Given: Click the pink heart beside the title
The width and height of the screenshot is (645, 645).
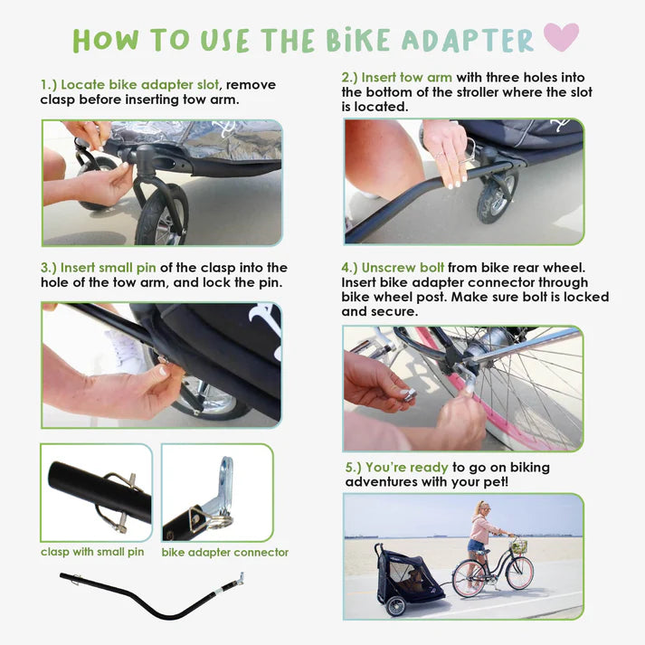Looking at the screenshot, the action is point(561,36).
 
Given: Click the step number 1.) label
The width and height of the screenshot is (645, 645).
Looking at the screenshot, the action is point(49,85).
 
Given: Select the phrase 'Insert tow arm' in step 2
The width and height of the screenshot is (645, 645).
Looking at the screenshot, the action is point(407,77).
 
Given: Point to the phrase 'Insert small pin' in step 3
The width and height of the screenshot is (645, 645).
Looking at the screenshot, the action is point(109,268).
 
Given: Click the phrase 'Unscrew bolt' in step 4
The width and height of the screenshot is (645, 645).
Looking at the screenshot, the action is point(403,268).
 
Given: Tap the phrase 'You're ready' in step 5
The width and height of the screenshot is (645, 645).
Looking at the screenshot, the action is point(407,468).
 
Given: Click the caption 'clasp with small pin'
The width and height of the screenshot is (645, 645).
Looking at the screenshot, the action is point(92,552).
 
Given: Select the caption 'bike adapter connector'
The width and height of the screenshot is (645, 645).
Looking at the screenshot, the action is point(225,552).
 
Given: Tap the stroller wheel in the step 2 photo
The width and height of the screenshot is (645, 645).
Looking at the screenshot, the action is point(496,196).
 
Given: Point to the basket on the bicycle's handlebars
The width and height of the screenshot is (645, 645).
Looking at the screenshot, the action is point(519,546).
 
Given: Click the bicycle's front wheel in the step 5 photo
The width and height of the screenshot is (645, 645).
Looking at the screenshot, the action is point(520,574).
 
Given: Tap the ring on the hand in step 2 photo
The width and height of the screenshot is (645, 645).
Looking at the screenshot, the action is point(440,155).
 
